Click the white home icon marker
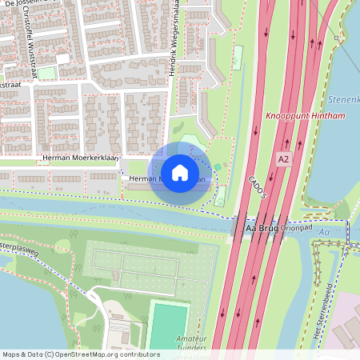point(180,172)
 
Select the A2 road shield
point(283,159)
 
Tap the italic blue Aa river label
point(323,232)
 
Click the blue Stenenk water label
point(343,100)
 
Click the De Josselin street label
point(24,3)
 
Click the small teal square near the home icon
point(216,166)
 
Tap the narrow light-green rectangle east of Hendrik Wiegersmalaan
point(237,57)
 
